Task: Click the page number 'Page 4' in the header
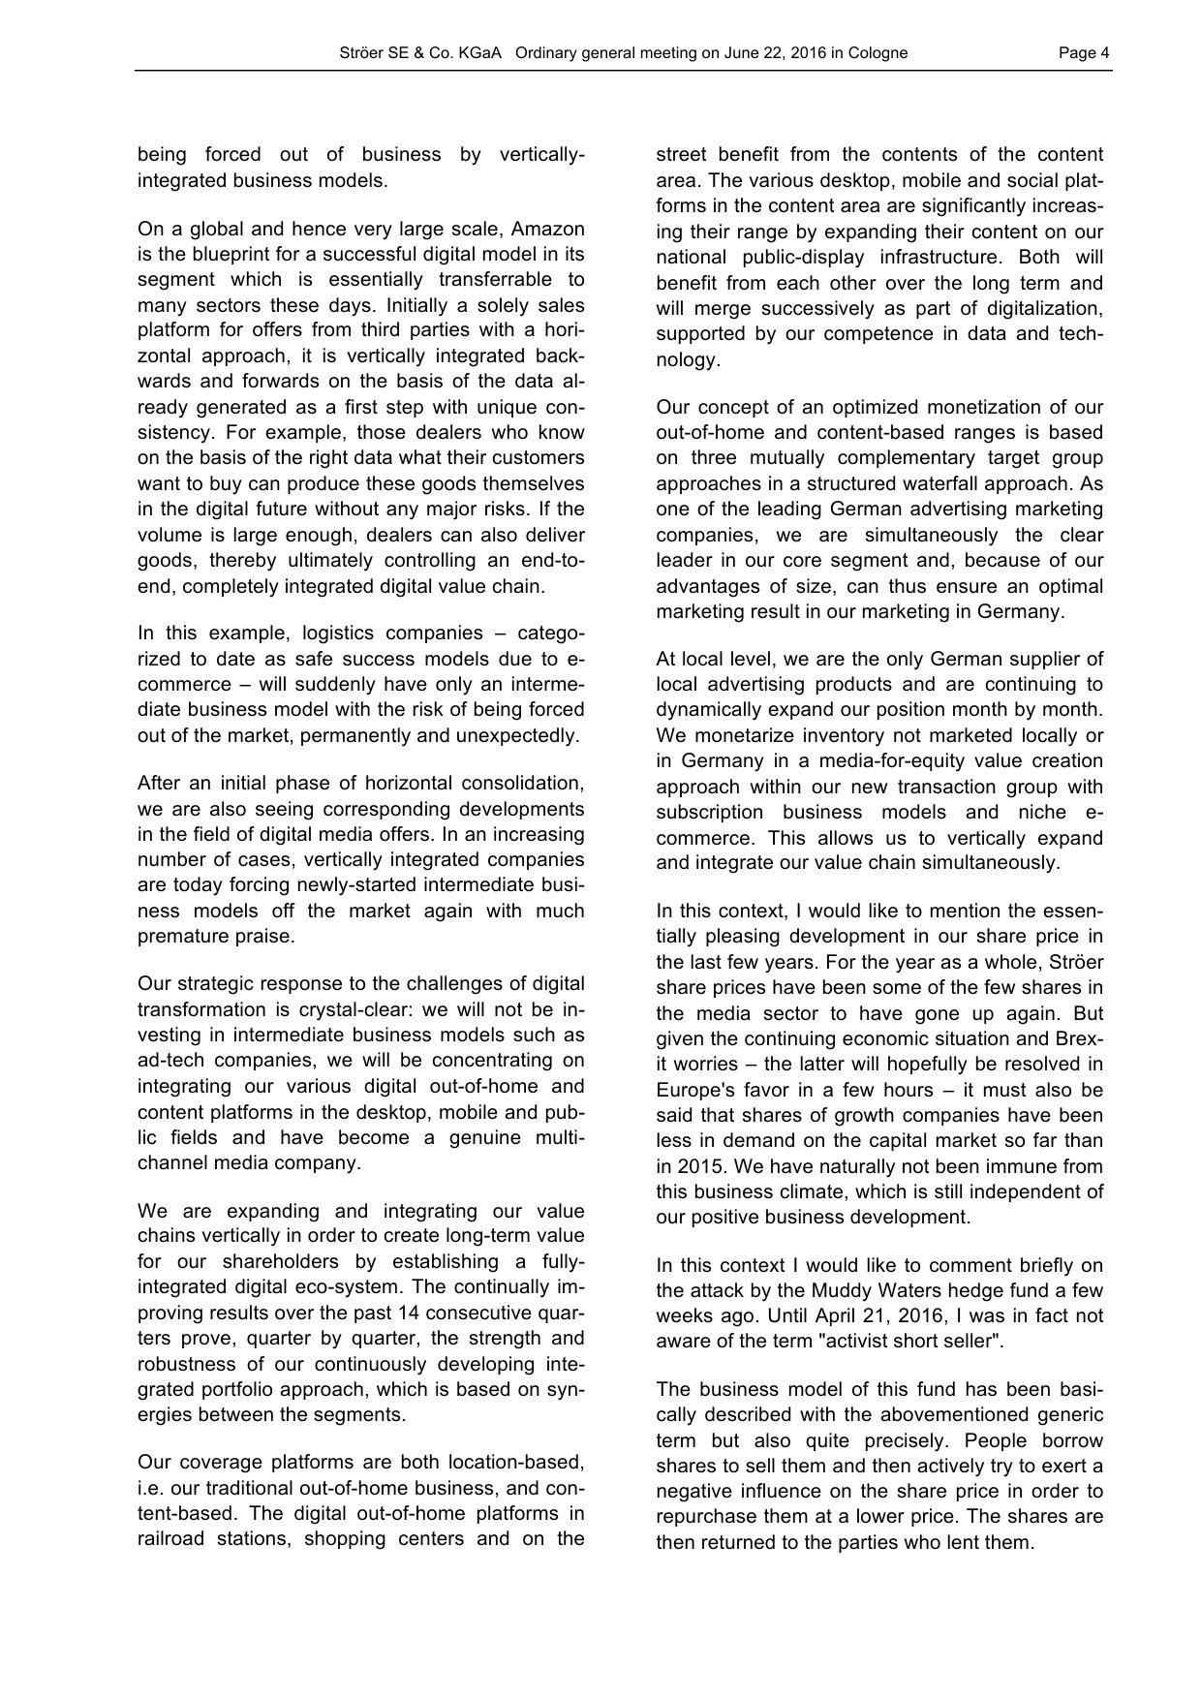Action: pyautogui.click(x=1084, y=53)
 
